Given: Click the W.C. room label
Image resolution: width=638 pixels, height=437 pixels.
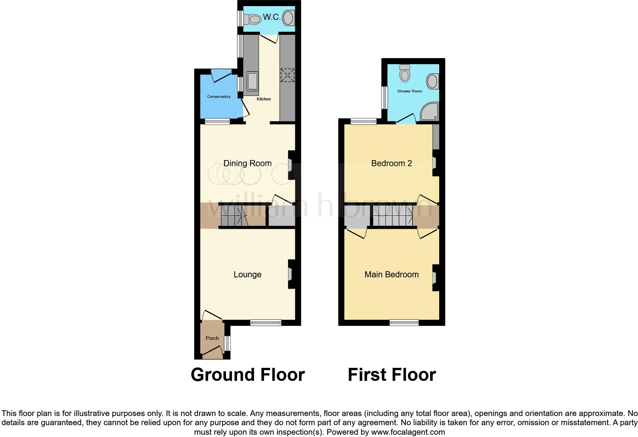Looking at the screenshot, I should pyautogui.click(x=272, y=17).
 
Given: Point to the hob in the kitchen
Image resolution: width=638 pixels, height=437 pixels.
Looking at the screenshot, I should pyautogui.click(x=287, y=75).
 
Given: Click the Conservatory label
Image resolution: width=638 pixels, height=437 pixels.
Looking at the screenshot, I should pyautogui.click(x=219, y=97).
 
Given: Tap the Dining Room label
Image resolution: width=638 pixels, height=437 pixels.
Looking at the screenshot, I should pyautogui.click(x=247, y=163).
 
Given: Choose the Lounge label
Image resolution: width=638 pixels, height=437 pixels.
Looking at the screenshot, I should pyautogui.click(x=247, y=275).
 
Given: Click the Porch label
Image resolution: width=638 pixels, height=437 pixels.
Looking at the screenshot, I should pyautogui.click(x=212, y=338).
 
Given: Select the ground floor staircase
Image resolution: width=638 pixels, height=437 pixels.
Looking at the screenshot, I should pyautogui.click(x=234, y=217).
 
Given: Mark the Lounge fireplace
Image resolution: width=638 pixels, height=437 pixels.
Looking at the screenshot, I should pyautogui.click(x=290, y=274).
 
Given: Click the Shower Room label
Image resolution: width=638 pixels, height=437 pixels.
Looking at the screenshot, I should pyautogui.click(x=409, y=91).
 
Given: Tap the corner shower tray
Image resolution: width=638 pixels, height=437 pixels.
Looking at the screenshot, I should pyautogui.click(x=430, y=111).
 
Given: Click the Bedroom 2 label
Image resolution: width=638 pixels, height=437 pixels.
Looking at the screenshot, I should pyautogui.click(x=391, y=163).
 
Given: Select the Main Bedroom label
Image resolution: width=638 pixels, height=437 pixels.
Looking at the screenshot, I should pyautogui.click(x=391, y=275).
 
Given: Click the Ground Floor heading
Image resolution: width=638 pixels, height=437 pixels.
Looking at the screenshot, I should pyautogui.click(x=248, y=375).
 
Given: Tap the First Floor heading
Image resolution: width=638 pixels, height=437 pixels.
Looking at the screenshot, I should pyautogui.click(x=391, y=375).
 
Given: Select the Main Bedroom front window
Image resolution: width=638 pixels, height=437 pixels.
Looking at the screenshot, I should pyautogui.click(x=404, y=323).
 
